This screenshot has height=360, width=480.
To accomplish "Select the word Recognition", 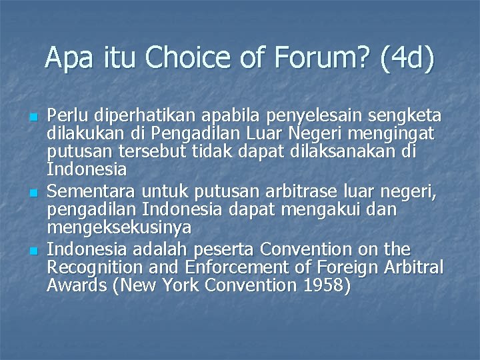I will [99, 267].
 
